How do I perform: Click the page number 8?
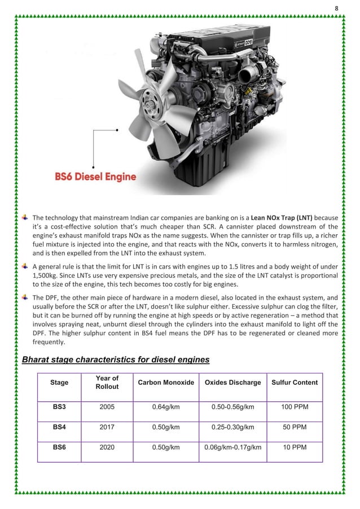(x=337, y=8)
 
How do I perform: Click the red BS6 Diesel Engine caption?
(x=95, y=177)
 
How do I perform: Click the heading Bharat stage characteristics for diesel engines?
(x=115, y=359)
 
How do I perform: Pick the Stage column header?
(x=59, y=383)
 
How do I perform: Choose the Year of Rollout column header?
(x=107, y=383)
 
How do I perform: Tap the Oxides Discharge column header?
(x=232, y=383)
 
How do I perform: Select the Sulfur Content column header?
(x=294, y=383)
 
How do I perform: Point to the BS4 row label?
(x=59, y=427)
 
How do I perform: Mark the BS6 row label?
(x=59, y=449)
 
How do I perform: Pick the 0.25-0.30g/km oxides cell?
(x=232, y=427)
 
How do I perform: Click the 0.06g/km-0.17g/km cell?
(x=232, y=449)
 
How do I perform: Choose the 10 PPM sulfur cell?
(x=294, y=449)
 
